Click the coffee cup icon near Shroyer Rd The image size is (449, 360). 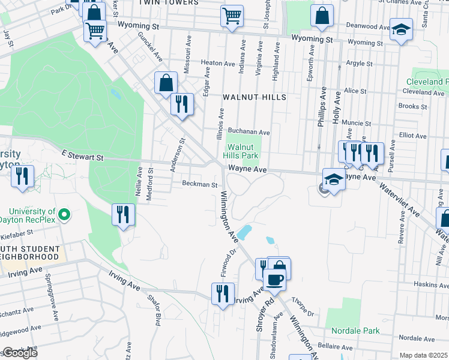click(275, 280)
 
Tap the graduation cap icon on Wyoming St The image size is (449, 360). click(400, 29)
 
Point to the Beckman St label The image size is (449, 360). click(199, 185)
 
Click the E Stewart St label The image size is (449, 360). click(83, 156)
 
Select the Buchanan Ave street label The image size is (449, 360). click(249, 132)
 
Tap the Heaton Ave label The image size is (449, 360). click(218, 63)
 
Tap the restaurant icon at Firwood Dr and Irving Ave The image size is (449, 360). click(223, 293)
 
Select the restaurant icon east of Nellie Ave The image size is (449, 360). click(124, 214)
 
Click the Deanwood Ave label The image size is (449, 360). click(369, 27)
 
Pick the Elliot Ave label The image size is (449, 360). click(412, 136)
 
